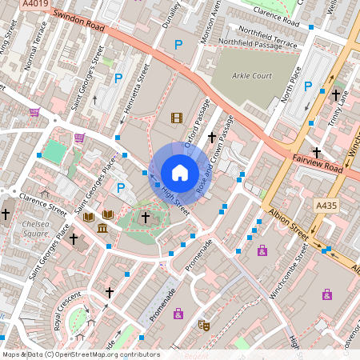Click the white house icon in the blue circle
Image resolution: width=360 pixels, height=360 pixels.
[x=180, y=173]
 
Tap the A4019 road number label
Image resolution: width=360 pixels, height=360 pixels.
[x=34, y=4]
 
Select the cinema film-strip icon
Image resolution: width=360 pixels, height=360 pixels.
[x=176, y=118]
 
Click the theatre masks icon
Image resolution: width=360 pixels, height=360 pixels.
[x=204, y=326]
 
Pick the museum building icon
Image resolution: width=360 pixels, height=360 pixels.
[x=102, y=230]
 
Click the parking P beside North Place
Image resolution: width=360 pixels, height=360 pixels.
[x=307, y=86]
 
